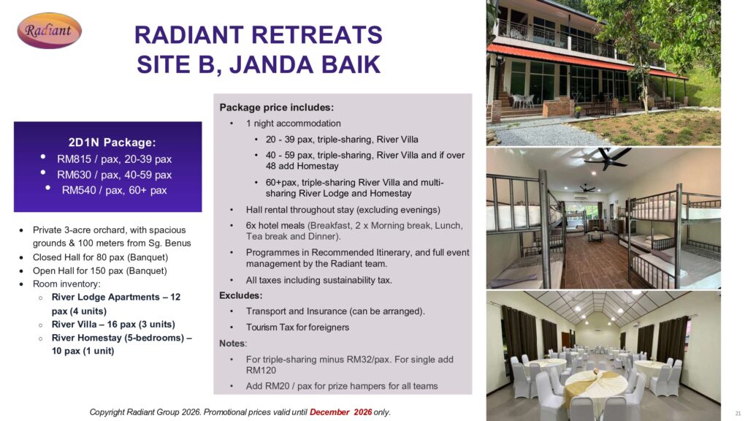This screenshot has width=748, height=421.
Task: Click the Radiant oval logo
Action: (x=49, y=31)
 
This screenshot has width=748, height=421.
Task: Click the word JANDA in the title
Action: (x=271, y=65)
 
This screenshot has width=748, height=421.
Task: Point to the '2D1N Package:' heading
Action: (x=112, y=143)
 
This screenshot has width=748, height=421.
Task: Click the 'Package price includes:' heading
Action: (x=277, y=107)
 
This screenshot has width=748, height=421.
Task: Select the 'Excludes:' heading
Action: (x=241, y=295)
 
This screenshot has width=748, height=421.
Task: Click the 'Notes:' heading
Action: (x=233, y=344)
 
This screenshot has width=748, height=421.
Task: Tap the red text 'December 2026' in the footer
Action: (x=340, y=412)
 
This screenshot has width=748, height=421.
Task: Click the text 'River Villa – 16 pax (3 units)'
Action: (x=113, y=324)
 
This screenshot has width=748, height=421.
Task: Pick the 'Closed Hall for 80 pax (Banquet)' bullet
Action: (x=100, y=257)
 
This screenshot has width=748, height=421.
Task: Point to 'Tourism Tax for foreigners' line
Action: (x=298, y=327)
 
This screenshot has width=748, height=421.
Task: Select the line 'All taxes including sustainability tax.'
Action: (x=319, y=280)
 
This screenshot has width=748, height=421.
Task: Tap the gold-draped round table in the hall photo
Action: (x=598, y=386)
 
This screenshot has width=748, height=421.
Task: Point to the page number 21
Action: (x=738, y=414)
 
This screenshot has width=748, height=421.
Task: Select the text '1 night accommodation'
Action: (x=294, y=124)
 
